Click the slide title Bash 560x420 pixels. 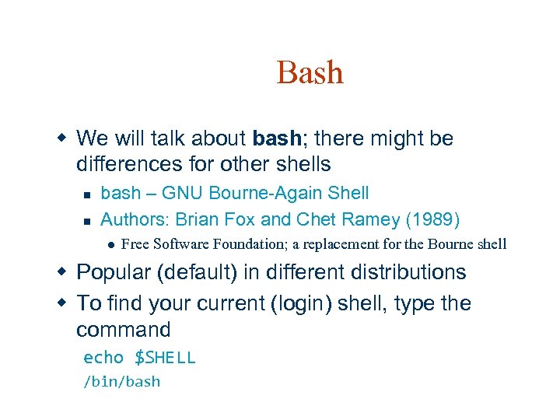tap(310, 72)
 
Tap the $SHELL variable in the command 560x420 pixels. tap(164, 358)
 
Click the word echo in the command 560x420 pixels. tap(103, 358)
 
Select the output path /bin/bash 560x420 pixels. tap(121, 382)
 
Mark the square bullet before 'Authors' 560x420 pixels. tap(87, 219)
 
